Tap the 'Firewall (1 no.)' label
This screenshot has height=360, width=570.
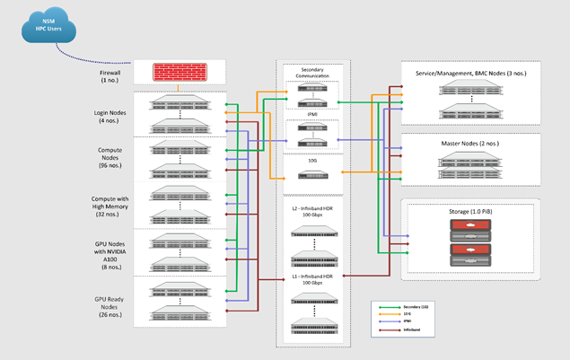(110, 74)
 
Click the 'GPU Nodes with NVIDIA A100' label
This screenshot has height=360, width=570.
(110, 250)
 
